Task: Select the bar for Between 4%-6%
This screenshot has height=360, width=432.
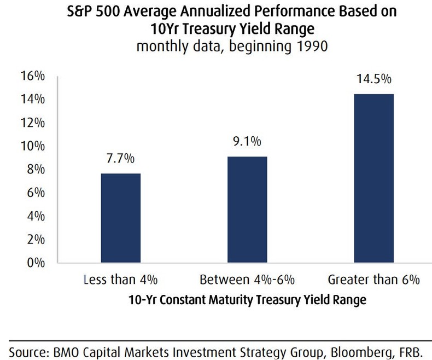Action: point(247,210)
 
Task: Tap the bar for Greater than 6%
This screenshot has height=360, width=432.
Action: point(373,178)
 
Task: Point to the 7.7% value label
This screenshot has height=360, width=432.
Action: point(120,159)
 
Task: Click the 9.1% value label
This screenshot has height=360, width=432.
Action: point(247,142)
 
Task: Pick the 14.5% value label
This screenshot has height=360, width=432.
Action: point(373,79)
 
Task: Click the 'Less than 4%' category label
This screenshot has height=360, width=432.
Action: point(120,281)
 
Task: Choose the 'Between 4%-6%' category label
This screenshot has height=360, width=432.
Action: point(247,281)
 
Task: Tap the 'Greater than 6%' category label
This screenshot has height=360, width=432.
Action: point(373,281)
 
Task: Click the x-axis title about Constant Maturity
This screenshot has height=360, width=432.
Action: point(247,300)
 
